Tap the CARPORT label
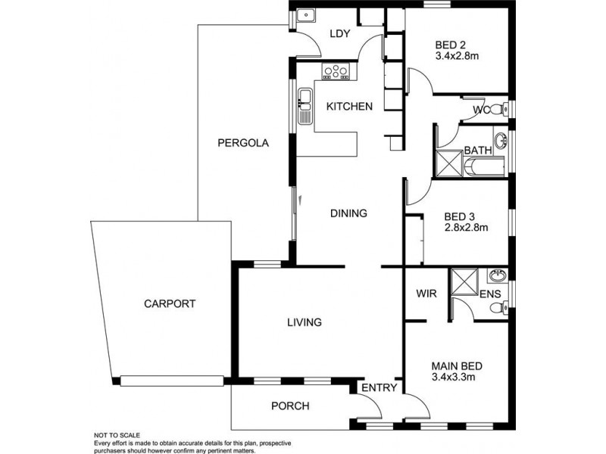point(170,304)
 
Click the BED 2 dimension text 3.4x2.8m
point(458,55)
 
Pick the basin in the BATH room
point(501,140)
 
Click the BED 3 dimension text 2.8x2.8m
point(465,227)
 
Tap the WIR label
point(424,293)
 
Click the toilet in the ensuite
point(497,308)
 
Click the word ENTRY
point(379,388)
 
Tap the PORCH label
point(290,406)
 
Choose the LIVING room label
point(304,322)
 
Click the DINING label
point(348,213)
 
